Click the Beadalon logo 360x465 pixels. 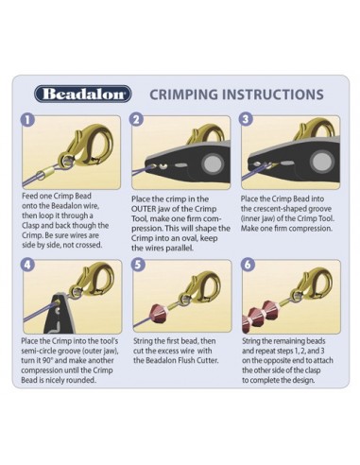[82, 94]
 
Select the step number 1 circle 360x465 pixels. [27, 120]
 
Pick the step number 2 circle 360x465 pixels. [136, 120]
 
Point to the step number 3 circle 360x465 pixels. [246, 119]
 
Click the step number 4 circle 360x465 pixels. [27, 265]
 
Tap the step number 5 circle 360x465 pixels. [138, 265]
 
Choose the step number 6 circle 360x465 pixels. [248, 265]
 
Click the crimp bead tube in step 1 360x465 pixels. [46, 173]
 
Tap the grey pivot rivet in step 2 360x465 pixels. [212, 164]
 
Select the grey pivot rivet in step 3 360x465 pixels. [321, 162]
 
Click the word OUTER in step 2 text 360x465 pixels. [144, 209]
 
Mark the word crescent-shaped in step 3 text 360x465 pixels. [281, 209]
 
